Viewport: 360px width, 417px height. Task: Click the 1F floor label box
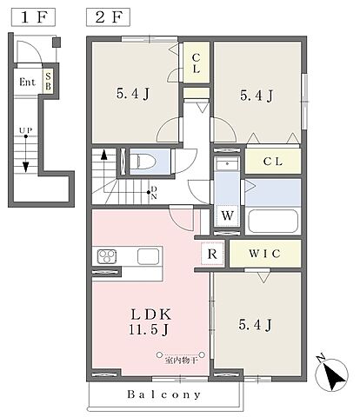click(33, 17)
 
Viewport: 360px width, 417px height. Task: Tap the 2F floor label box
click(108, 17)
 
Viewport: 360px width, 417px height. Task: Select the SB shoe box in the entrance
click(48, 82)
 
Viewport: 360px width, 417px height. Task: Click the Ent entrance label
click(27, 83)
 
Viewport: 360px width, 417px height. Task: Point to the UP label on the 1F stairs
click(25, 130)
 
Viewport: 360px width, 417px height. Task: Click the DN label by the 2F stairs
click(154, 193)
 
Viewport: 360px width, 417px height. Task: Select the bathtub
click(273, 221)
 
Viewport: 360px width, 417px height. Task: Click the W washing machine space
click(227, 215)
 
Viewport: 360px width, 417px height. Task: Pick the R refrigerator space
click(212, 254)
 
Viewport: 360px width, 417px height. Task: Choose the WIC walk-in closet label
click(264, 254)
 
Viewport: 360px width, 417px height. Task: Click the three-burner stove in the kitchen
click(107, 256)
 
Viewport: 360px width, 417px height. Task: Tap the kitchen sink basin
click(148, 256)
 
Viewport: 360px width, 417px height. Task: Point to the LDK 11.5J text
click(150, 321)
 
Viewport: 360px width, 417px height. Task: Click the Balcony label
click(164, 394)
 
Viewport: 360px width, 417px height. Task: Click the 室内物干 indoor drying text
click(181, 361)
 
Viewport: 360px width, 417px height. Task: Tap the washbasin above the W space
click(227, 164)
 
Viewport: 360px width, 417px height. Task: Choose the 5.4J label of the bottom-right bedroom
click(256, 325)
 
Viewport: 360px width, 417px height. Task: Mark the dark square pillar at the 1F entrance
click(57, 43)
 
